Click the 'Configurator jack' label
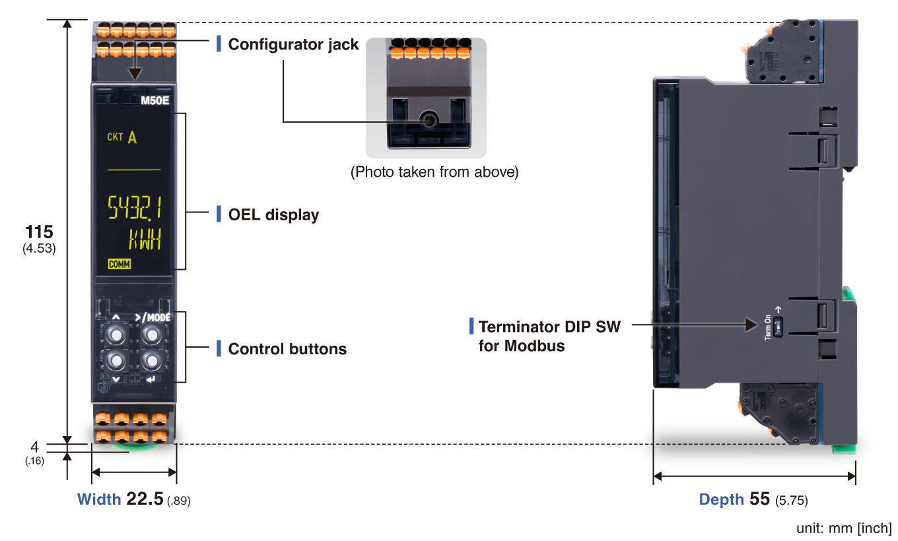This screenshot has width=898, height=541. [293, 45]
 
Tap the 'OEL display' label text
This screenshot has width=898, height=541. [273, 215]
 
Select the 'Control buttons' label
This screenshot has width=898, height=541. [287, 349]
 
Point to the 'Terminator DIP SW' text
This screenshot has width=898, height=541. [549, 327]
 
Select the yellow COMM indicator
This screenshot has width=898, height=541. [120, 265]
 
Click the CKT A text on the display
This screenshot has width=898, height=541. [123, 138]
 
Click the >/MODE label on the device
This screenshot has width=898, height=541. [153, 317]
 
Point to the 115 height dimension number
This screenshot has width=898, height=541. [39, 232]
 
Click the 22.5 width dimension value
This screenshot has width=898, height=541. [145, 499]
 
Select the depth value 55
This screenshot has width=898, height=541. [759, 499]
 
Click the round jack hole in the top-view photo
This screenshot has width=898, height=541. [429, 120]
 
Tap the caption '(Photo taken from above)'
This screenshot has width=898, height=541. [434, 172]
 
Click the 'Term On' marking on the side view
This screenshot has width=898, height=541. [768, 327]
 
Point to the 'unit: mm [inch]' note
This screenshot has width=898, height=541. [843, 528]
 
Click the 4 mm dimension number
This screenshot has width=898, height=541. [35, 447]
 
